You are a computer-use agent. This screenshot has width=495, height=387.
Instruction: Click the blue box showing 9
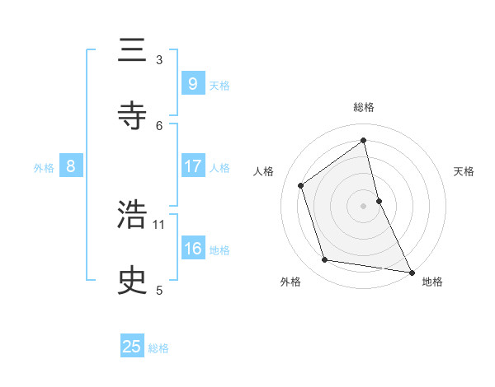click(192, 83)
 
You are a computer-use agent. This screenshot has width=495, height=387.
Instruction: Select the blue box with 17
click(192, 166)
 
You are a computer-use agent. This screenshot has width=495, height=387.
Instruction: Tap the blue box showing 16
click(192, 249)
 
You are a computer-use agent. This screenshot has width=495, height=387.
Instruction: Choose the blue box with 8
click(71, 166)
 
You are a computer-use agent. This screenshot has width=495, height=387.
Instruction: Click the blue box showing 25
click(132, 347)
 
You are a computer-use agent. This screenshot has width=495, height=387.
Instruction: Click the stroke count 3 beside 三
click(159, 59)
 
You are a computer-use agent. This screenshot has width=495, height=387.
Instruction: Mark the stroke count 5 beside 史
click(159, 290)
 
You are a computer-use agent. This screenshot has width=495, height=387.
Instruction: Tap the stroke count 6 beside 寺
click(159, 125)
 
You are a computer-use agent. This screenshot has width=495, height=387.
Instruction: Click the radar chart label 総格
click(364, 107)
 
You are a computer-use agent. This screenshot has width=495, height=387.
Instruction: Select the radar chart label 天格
click(464, 171)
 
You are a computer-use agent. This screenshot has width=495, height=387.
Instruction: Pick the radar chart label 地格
click(432, 282)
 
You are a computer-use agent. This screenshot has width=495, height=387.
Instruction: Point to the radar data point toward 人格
click(301, 185)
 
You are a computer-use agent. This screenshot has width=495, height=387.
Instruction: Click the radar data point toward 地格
click(411, 272)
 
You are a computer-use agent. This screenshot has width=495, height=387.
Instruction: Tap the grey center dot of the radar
click(364, 205)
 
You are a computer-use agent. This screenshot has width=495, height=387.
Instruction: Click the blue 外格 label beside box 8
click(44, 168)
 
